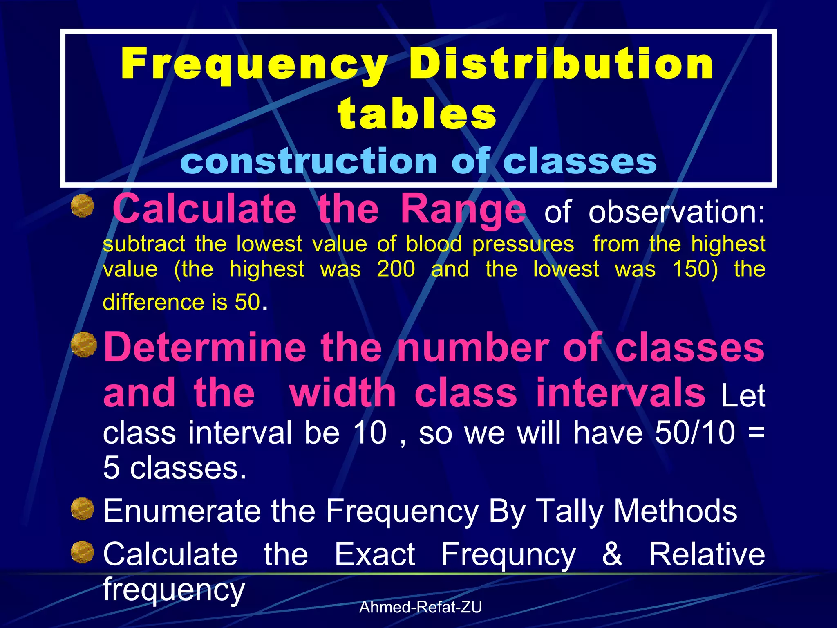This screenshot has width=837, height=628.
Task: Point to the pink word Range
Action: coord(463,209)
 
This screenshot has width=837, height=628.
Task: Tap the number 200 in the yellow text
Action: coord(396,269)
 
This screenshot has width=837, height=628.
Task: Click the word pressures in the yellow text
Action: coord(523,244)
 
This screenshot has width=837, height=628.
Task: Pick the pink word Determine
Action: coord(205,347)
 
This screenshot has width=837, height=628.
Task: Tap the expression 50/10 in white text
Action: coord(695,433)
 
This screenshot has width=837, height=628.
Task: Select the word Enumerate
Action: coord(182,511)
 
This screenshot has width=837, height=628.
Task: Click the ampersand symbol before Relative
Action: coord(612,554)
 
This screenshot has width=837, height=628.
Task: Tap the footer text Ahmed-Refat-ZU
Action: coord(421,607)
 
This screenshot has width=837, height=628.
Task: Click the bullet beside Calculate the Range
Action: coord(83,206)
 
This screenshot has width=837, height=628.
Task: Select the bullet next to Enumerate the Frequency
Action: coord(83,509)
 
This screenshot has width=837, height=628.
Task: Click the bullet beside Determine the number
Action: coord(83,345)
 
